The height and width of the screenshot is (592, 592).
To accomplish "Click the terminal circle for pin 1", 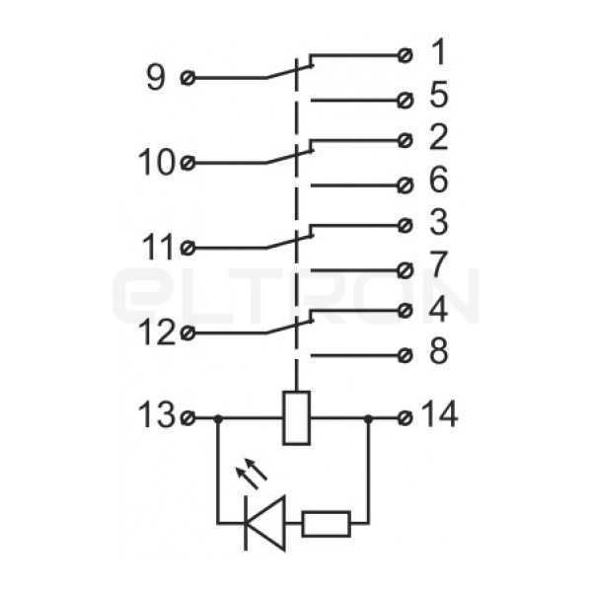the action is pyautogui.click(x=406, y=56).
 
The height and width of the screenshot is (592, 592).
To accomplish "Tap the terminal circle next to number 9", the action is pyautogui.click(x=187, y=78).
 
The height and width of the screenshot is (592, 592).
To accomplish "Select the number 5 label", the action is pyautogui.click(x=439, y=94).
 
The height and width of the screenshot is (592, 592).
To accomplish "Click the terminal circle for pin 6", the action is pyautogui.click(x=406, y=185).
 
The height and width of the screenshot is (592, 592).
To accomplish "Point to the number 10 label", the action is pyautogui.click(x=157, y=162).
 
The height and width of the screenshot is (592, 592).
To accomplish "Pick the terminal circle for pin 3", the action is pyautogui.click(x=406, y=226).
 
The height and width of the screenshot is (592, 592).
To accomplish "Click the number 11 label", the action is pyautogui.click(x=158, y=247).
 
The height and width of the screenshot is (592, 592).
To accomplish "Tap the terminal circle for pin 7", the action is pyautogui.click(x=406, y=270).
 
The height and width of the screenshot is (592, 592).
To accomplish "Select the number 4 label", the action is pyautogui.click(x=439, y=309).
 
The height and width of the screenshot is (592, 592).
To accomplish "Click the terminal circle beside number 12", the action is pyautogui.click(x=187, y=333).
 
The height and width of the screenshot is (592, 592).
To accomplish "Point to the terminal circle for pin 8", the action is pyautogui.click(x=406, y=355).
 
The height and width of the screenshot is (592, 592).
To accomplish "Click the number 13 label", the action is pyautogui.click(x=157, y=414).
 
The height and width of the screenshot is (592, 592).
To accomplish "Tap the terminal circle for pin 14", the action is pyautogui.click(x=406, y=418).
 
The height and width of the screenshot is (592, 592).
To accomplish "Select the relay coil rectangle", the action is pyautogui.click(x=297, y=418).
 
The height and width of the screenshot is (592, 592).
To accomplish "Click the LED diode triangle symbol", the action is pyautogui.click(x=265, y=524).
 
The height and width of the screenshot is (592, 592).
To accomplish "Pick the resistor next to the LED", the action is pyautogui.click(x=327, y=524).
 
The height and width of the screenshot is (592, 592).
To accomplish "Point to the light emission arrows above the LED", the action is pyautogui.click(x=251, y=474).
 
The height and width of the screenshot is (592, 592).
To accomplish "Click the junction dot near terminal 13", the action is pyautogui.click(x=218, y=418).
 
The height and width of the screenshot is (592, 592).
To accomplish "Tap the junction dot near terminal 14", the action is pyautogui.click(x=368, y=418).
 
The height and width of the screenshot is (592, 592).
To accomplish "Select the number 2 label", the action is pyautogui.click(x=439, y=137).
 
